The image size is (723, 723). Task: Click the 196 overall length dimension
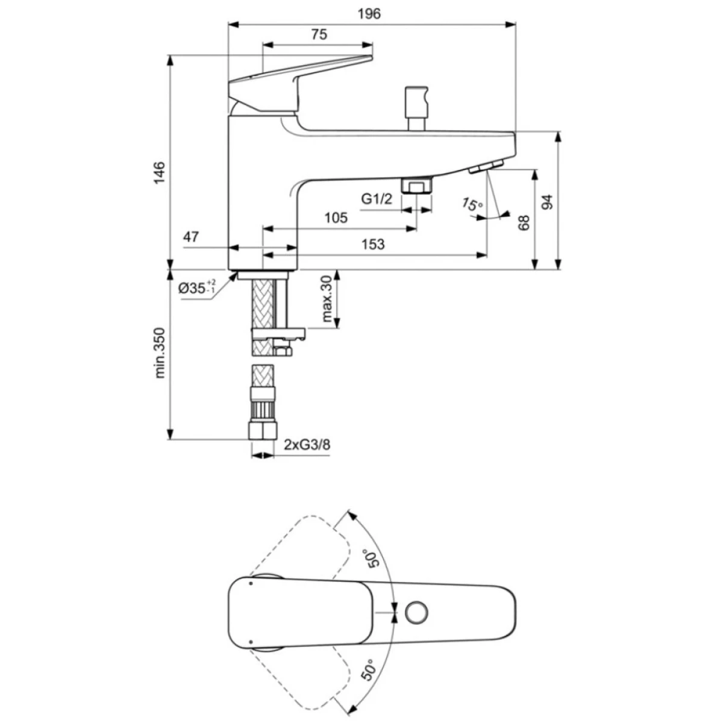pos(369,14)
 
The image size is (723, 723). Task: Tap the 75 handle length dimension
pos(319,34)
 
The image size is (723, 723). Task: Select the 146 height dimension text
pos(160,172)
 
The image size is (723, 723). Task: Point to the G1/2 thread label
pos(377,198)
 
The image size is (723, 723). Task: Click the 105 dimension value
pos(336,218)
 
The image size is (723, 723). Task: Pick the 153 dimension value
pos(373,244)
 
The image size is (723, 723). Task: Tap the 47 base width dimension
pos(191,237)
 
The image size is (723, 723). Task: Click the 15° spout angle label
pos(472,204)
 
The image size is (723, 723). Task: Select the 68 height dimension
pos(523,222)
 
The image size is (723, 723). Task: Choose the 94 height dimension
pos(548,202)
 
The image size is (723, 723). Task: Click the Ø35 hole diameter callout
pos(196,287)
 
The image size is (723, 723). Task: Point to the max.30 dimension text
pos(327,299)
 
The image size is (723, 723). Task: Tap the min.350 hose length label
pos(160,353)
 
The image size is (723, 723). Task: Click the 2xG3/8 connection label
pos(307,445)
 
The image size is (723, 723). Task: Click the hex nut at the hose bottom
pos(263,430)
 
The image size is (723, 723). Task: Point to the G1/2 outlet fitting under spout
pos(417,186)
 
